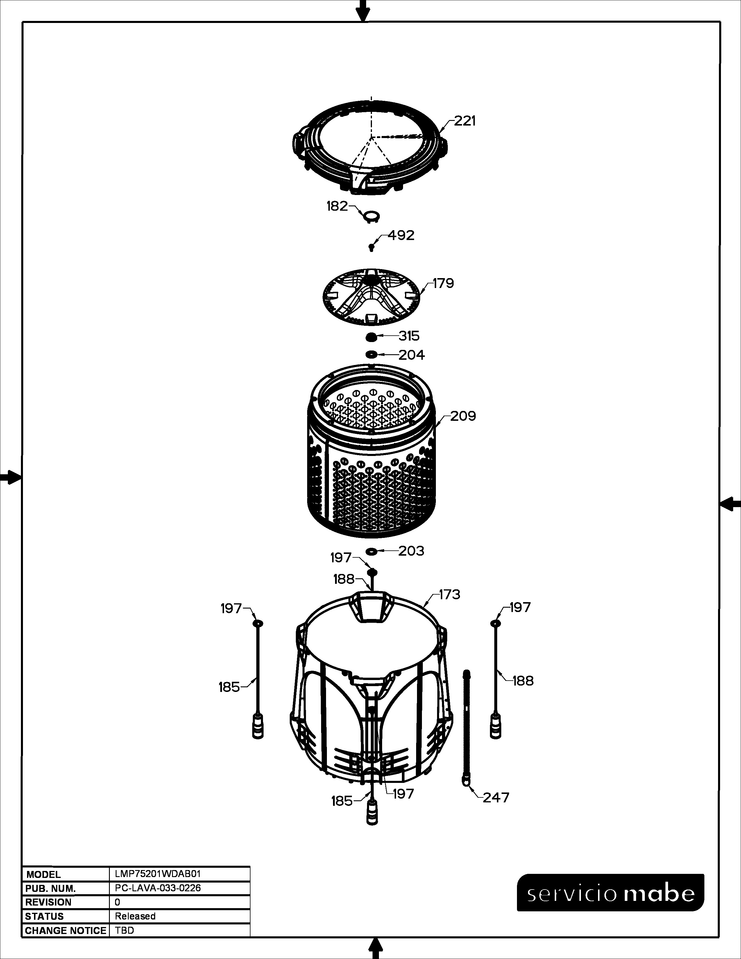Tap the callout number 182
click(x=337, y=206)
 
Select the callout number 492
click(x=401, y=235)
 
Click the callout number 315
click(x=409, y=336)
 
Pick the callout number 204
click(x=411, y=355)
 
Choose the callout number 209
click(x=463, y=416)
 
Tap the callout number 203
click(x=411, y=551)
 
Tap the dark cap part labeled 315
click(x=371, y=337)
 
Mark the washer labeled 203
click(x=371, y=551)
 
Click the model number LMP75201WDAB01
click(x=157, y=874)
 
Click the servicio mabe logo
click(x=611, y=893)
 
